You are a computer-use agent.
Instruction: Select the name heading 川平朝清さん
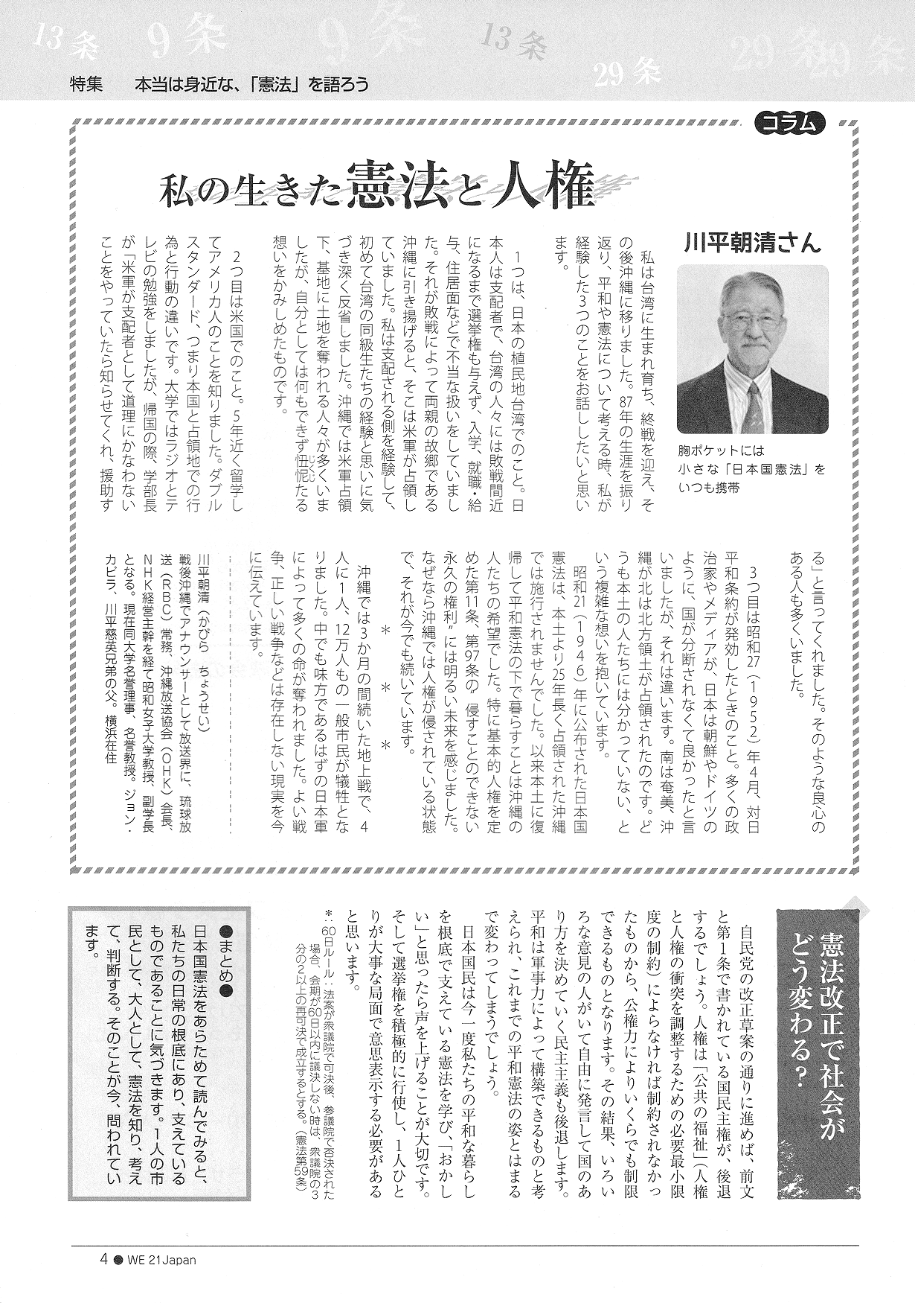[x=751, y=243]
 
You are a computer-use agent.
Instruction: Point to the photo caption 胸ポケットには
[x=721, y=451]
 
